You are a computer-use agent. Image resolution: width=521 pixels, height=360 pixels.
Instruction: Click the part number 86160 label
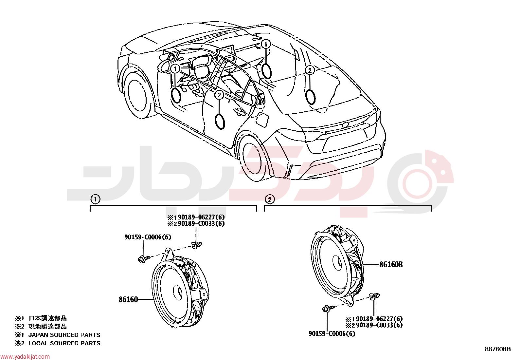tap(128, 299)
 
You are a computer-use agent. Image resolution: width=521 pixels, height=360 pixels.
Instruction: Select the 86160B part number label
tap(391, 265)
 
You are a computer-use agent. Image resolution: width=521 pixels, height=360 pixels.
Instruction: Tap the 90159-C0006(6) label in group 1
tap(148, 237)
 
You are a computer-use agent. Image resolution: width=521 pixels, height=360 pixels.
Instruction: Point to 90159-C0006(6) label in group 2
tap(332, 334)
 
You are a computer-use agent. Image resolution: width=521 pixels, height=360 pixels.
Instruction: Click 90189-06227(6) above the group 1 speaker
tap(201, 217)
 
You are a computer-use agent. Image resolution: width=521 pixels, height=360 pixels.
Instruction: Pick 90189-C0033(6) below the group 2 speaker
tap(379, 325)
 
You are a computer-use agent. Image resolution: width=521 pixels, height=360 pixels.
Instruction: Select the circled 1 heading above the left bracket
tap(95, 199)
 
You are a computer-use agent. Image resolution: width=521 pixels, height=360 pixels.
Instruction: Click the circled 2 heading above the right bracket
tap(270, 199)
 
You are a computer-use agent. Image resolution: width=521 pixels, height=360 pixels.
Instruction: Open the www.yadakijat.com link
tap(25, 357)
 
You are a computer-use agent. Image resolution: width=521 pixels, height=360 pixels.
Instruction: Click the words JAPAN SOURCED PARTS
tap(64, 335)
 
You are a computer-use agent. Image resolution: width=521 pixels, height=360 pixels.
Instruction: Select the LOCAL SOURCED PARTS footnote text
tap(64, 343)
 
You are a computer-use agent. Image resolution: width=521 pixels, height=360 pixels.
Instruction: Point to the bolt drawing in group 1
tap(143, 259)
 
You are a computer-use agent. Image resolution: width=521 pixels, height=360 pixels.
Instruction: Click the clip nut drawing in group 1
tap(196, 245)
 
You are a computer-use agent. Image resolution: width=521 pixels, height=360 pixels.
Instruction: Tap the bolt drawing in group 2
tap(328, 309)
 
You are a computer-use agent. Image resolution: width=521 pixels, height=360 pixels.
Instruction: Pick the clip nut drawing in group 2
tap(375, 296)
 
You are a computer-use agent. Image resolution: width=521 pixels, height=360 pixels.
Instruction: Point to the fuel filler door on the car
tap(262, 119)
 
